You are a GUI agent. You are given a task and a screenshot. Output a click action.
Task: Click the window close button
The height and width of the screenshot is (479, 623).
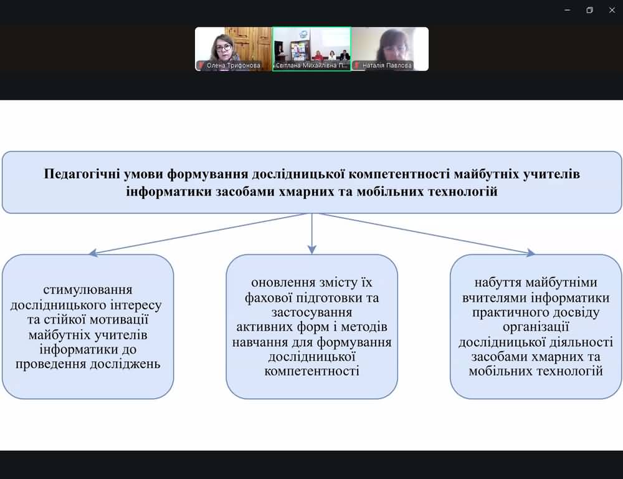[x=611, y=10]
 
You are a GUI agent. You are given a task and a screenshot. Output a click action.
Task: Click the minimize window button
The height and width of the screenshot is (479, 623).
[x=567, y=10]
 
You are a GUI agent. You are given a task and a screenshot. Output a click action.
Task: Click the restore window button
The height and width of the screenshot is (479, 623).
[x=589, y=10]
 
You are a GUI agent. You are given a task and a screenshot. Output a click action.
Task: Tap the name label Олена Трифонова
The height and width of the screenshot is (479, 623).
[x=233, y=65]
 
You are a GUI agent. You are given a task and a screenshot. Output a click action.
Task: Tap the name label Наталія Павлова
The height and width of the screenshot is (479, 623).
[x=387, y=65]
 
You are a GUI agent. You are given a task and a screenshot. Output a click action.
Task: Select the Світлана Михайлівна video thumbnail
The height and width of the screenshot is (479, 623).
[x=311, y=48]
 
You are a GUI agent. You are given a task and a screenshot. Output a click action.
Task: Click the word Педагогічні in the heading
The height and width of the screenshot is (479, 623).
[x=83, y=174]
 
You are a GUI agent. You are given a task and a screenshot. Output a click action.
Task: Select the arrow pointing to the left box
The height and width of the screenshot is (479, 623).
[x=199, y=234]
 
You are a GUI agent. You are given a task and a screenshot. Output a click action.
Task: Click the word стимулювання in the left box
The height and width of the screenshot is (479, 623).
[x=88, y=289]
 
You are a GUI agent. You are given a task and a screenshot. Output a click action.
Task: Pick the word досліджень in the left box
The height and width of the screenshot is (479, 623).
[x=126, y=364]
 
